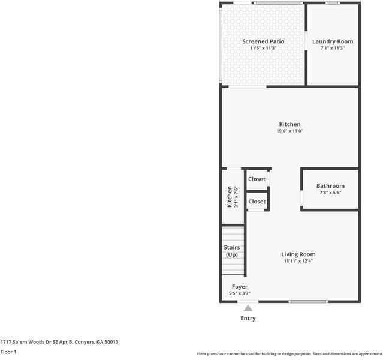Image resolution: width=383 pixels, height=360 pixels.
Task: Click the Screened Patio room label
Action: pyautogui.click(x=263, y=41)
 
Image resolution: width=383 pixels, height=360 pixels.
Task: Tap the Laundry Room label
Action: pyautogui.click(x=333, y=41)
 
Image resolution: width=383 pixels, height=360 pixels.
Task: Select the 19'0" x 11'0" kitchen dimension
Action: pyautogui.click(x=289, y=131)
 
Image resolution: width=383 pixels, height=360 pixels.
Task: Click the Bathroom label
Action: pyautogui.click(x=330, y=186)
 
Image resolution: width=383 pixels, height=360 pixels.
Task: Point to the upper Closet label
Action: pyautogui.click(x=257, y=179)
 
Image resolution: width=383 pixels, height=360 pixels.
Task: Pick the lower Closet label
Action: pyautogui.click(x=257, y=202)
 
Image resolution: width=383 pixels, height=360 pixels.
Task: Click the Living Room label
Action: pyautogui.click(x=298, y=254)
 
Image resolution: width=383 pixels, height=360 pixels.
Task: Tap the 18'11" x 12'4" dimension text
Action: pyautogui.click(x=298, y=261)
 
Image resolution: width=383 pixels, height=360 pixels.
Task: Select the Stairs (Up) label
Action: pyautogui.click(x=231, y=251)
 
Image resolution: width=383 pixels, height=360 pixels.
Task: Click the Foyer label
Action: pyautogui.click(x=239, y=287)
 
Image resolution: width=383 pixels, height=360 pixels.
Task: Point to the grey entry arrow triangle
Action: pyautogui.click(x=248, y=308)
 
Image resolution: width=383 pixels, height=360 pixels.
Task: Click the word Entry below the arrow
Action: pyautogui.click(x=248, y=318)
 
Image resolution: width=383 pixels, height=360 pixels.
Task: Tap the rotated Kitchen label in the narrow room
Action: pyautogui.click(x=230, y=197)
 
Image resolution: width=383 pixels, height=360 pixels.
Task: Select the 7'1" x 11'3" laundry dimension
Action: pyautogui.click(x=333, y=48)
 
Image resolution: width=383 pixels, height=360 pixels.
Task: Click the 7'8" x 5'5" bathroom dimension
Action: pyautogui.click(x=330, y=193)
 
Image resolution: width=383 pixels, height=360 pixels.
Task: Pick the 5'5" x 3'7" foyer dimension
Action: pyautogui.click(x=239, y=293)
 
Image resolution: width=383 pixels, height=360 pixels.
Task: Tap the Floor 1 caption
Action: pyautogui.click(x=8, y=352)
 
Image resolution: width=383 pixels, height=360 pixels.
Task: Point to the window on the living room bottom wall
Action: pyautogui.click(x=309, y=302)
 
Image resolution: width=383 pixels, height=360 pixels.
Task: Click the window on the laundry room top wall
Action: pyautogui.click(x=333, y=3)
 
